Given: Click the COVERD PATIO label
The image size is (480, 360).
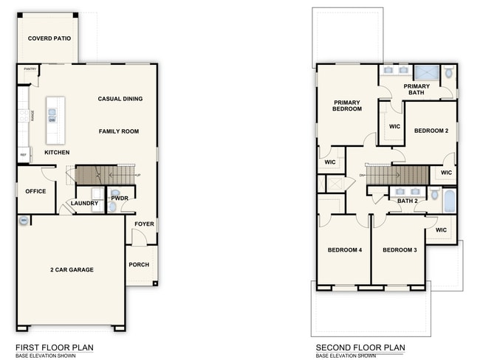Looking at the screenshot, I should [49, 38].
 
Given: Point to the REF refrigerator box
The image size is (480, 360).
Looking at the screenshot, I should [24, 155].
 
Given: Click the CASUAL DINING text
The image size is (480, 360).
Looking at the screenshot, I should [120, 99].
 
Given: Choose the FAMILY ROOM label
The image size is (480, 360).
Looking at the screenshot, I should [119, 131].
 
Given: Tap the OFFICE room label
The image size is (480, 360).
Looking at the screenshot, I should [35, 191].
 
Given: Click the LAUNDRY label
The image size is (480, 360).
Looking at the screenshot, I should [84, 204].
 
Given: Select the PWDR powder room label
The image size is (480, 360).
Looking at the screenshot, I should [120, 198].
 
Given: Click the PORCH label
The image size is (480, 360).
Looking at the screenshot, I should [139, 265].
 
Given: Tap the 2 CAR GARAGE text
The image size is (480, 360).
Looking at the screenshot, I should [72, 270].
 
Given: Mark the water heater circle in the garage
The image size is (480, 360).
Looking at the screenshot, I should [24, 221].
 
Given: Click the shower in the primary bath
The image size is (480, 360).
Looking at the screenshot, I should [425, 73].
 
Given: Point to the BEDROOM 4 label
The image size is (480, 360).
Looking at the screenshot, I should [345, 249].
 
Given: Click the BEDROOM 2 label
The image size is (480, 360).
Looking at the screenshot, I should [431, 131].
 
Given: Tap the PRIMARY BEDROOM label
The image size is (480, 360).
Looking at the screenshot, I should [347, 105].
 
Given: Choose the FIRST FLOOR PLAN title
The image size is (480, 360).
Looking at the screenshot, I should [54, 347].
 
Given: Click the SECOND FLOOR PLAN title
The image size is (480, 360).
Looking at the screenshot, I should [360, 347].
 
